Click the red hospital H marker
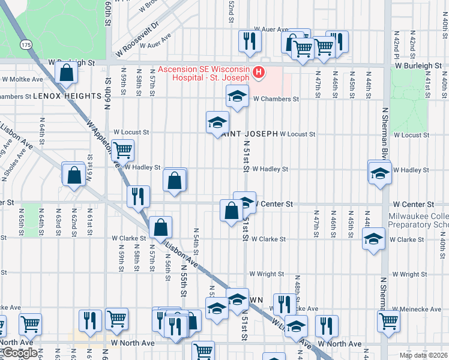pyautogui.click(x=259, y=73)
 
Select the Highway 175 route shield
pyautogui.click(x=25, y=45)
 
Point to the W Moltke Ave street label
pyautogui.click(x=22, y=79)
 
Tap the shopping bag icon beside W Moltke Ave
pyautogui.click(x=67, y=73)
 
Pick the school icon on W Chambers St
pyautogui.click(x=238, y=96)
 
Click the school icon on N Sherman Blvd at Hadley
pyautogui.click(x=380, y=173)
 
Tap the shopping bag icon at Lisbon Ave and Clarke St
pyautogui.click(x=161, y=227)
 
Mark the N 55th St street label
pyautogui.click(x=182, y=283)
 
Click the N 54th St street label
pyautogui.click(x=196, y=240)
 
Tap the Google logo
pyautogui.click(x=20, y=353)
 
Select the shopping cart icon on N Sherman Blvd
pyautogui.click(x=388, y=321)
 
